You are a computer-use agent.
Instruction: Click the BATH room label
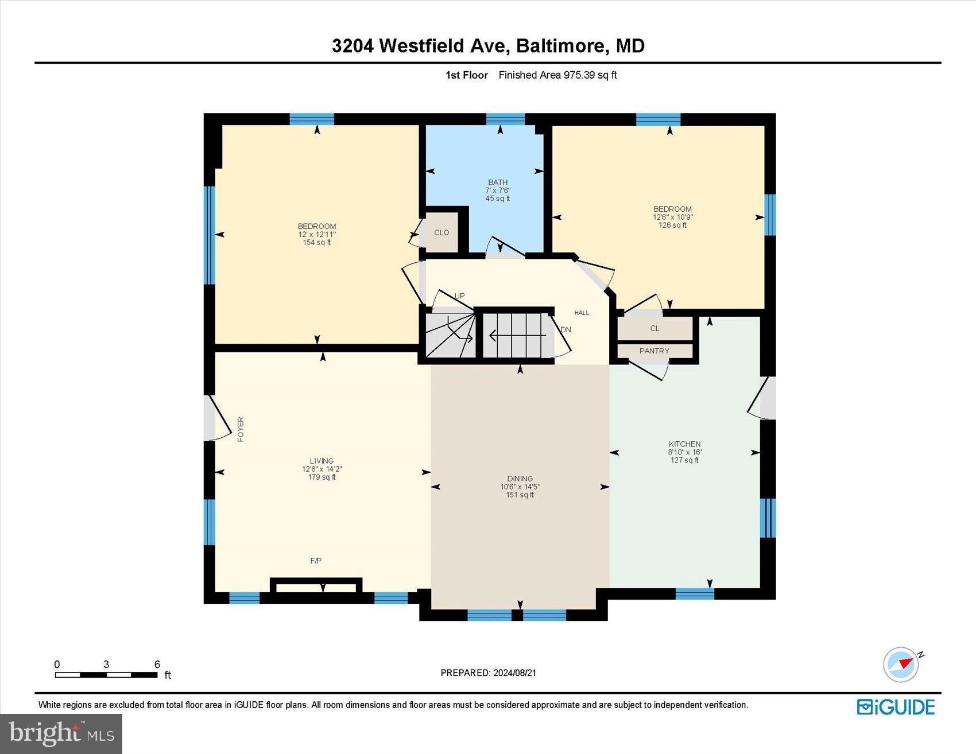498,182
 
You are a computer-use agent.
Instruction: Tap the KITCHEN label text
684,444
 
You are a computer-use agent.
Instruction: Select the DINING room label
520,479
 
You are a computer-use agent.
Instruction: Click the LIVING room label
322,461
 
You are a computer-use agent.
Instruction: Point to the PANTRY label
654,351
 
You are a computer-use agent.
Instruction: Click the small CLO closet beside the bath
441,232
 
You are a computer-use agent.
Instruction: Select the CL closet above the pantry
654,329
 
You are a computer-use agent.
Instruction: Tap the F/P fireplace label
316,561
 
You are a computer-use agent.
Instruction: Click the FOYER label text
241,429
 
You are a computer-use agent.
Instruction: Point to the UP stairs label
459,296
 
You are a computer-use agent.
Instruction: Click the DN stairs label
566,330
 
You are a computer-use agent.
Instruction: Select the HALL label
582,313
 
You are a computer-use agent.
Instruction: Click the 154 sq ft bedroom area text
316,243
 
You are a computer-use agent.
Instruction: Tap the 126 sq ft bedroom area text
672,226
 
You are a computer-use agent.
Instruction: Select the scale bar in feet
106,675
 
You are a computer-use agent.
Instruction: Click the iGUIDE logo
896,707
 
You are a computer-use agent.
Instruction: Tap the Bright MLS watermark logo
61,734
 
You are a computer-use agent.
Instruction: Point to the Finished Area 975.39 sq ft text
557,75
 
